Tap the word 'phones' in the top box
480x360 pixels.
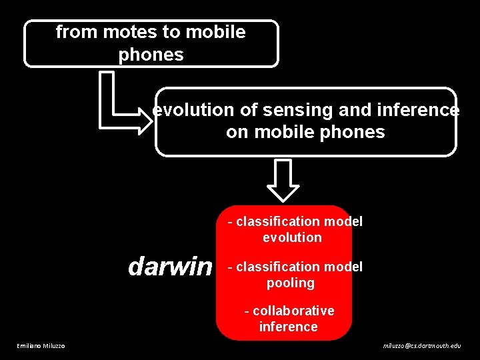(151, 55)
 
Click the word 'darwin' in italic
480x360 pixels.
(170, 267)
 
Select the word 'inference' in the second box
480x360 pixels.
(419, 110)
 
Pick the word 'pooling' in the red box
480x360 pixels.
(290, 283)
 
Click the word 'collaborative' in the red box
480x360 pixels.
(293, 311)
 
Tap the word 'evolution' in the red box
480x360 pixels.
(292, 237)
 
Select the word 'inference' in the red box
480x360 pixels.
(288, 327)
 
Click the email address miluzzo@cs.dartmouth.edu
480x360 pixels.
(421, 345)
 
